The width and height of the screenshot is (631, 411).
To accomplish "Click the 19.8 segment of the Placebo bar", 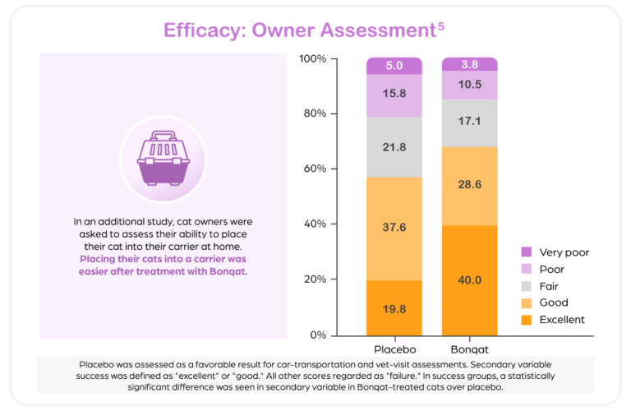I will click(394, 308).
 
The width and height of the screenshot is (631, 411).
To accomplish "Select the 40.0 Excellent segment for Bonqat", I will click(469, 280).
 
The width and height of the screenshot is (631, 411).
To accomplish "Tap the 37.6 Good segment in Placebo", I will click(394, 229).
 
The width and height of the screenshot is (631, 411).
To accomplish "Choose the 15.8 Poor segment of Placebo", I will click(394, 95).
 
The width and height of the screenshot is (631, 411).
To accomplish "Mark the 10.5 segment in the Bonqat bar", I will click(469, 85).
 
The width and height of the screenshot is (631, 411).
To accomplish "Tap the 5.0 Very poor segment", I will click(394, 66).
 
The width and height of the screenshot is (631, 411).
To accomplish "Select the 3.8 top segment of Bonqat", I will click(469, 64).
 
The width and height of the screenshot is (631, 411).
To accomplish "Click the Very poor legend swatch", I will click(527, 252).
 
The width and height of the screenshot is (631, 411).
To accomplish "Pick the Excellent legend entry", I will click(562, 319).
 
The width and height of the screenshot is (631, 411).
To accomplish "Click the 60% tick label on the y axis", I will click(313, 169).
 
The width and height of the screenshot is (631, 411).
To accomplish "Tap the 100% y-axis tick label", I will click(311, 59).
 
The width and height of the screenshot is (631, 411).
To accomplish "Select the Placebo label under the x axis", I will click(394, 348).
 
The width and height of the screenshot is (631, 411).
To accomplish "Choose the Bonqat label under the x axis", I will click(469, 348).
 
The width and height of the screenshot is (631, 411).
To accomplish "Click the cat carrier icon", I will click(162, 159).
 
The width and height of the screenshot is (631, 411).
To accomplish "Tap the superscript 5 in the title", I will click(441, 27).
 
